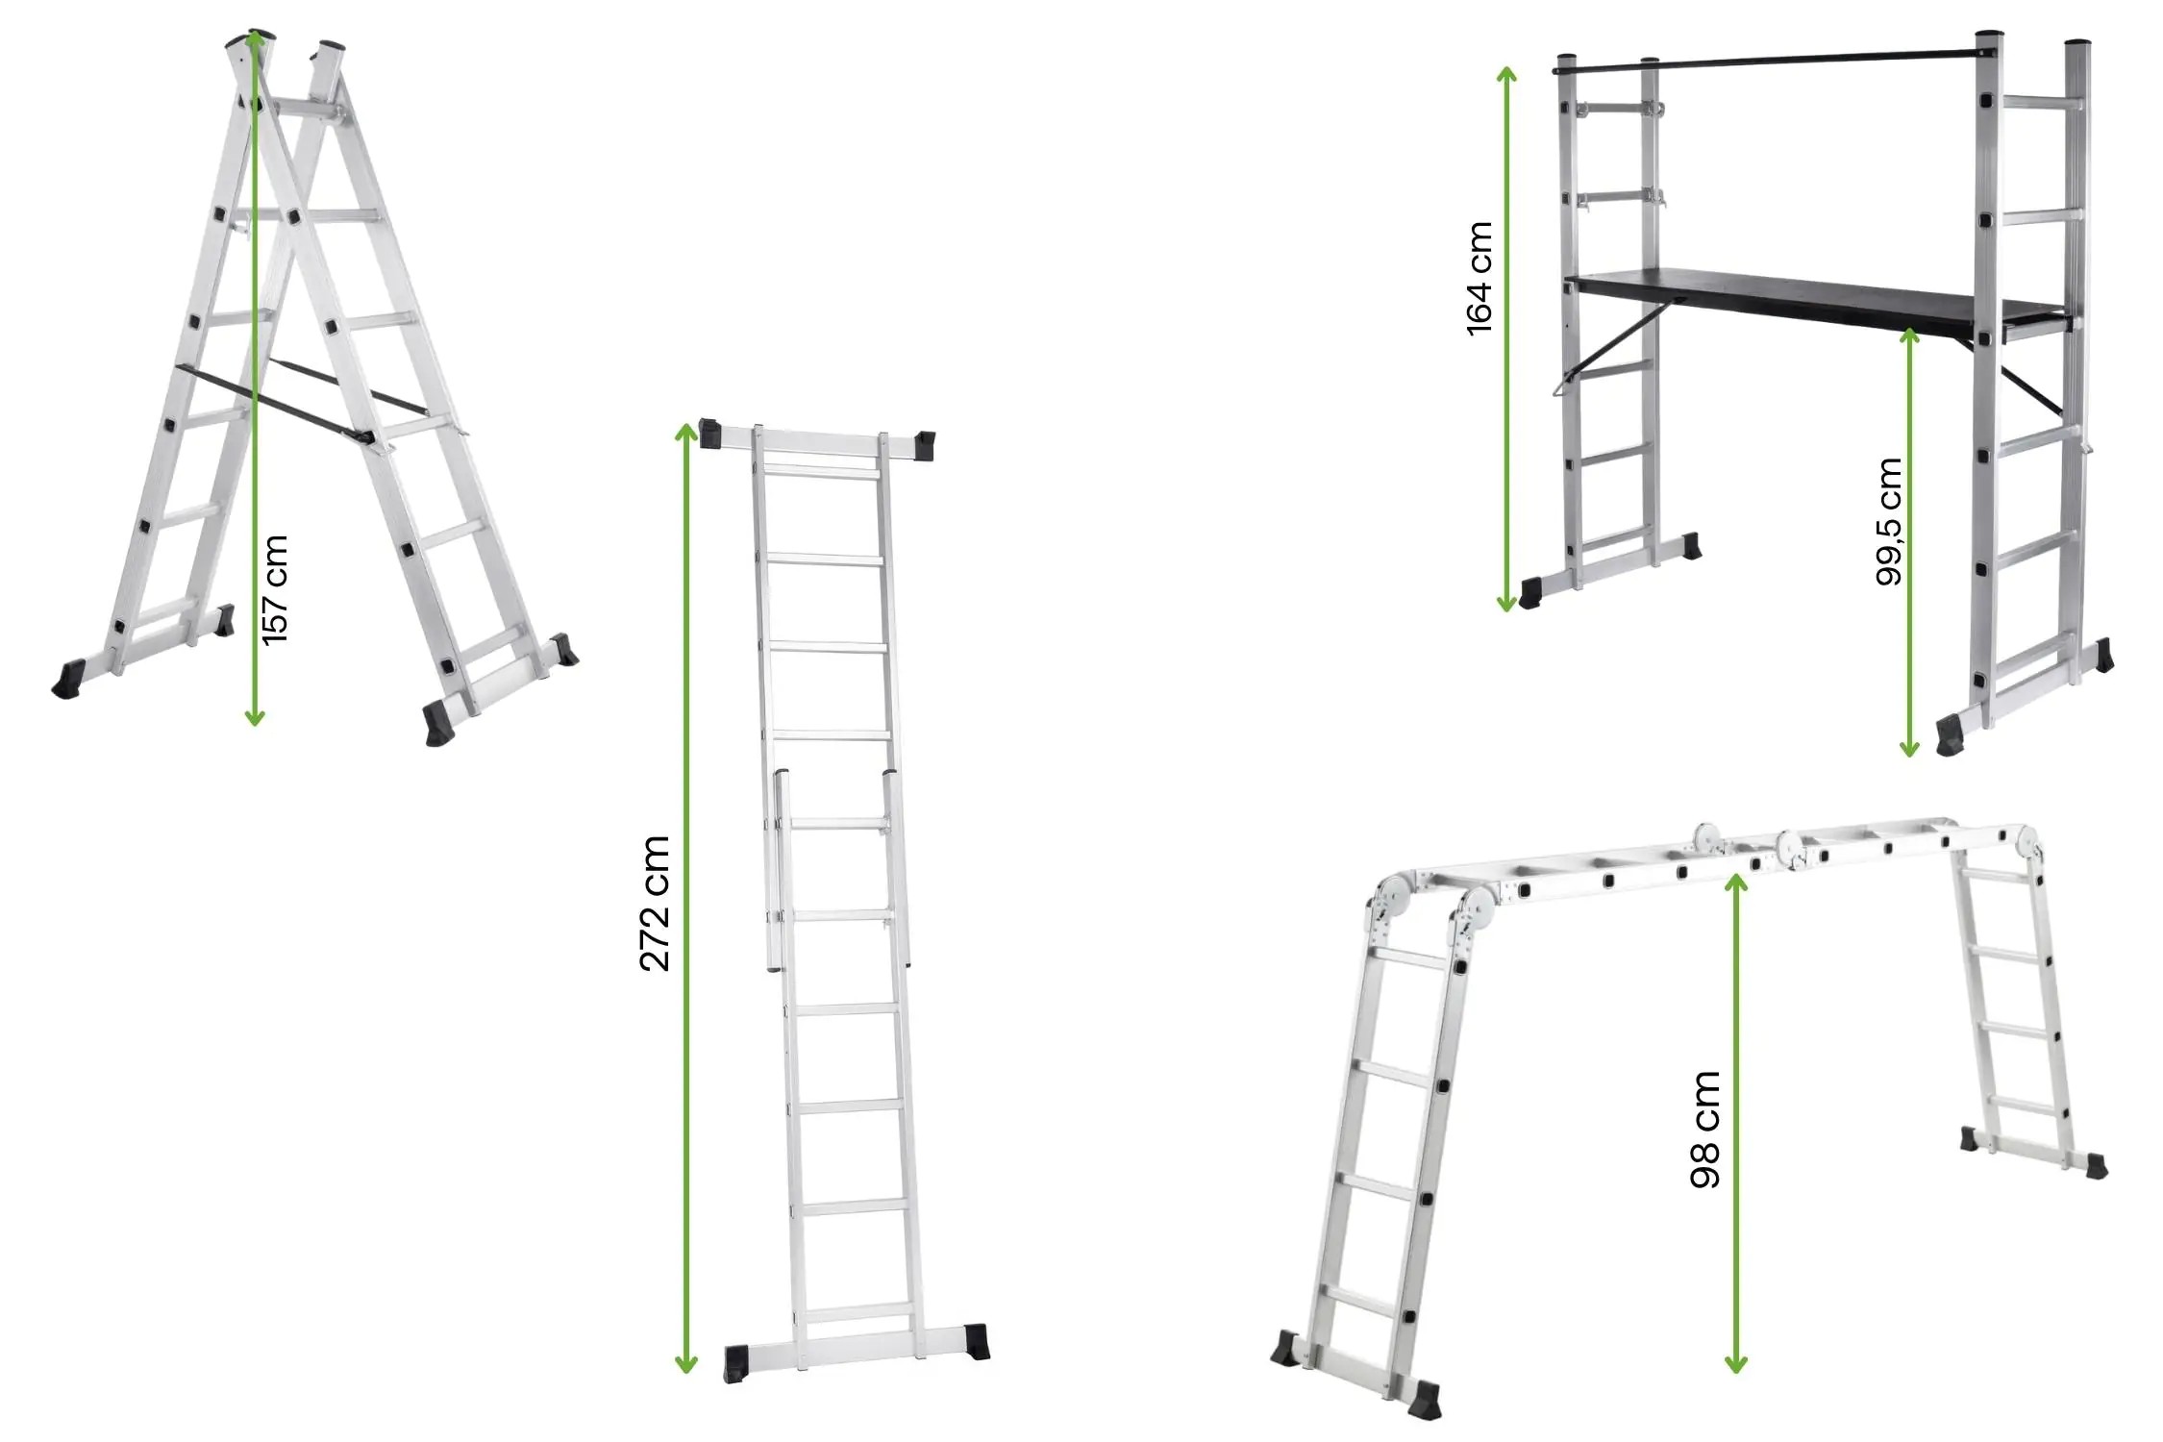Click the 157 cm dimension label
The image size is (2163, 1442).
[275, 589]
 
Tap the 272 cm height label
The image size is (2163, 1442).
[655, 903]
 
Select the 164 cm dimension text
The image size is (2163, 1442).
[1479, 279]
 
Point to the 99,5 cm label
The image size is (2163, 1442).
[1889, 521]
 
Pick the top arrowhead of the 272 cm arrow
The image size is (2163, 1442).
[685, 431]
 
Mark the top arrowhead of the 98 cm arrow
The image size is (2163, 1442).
[1735, 882]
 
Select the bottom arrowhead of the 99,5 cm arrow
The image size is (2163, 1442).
[1909, 747]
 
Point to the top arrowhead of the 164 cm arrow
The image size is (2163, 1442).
[1506, 76]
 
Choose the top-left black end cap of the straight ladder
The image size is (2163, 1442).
[710, 434]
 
